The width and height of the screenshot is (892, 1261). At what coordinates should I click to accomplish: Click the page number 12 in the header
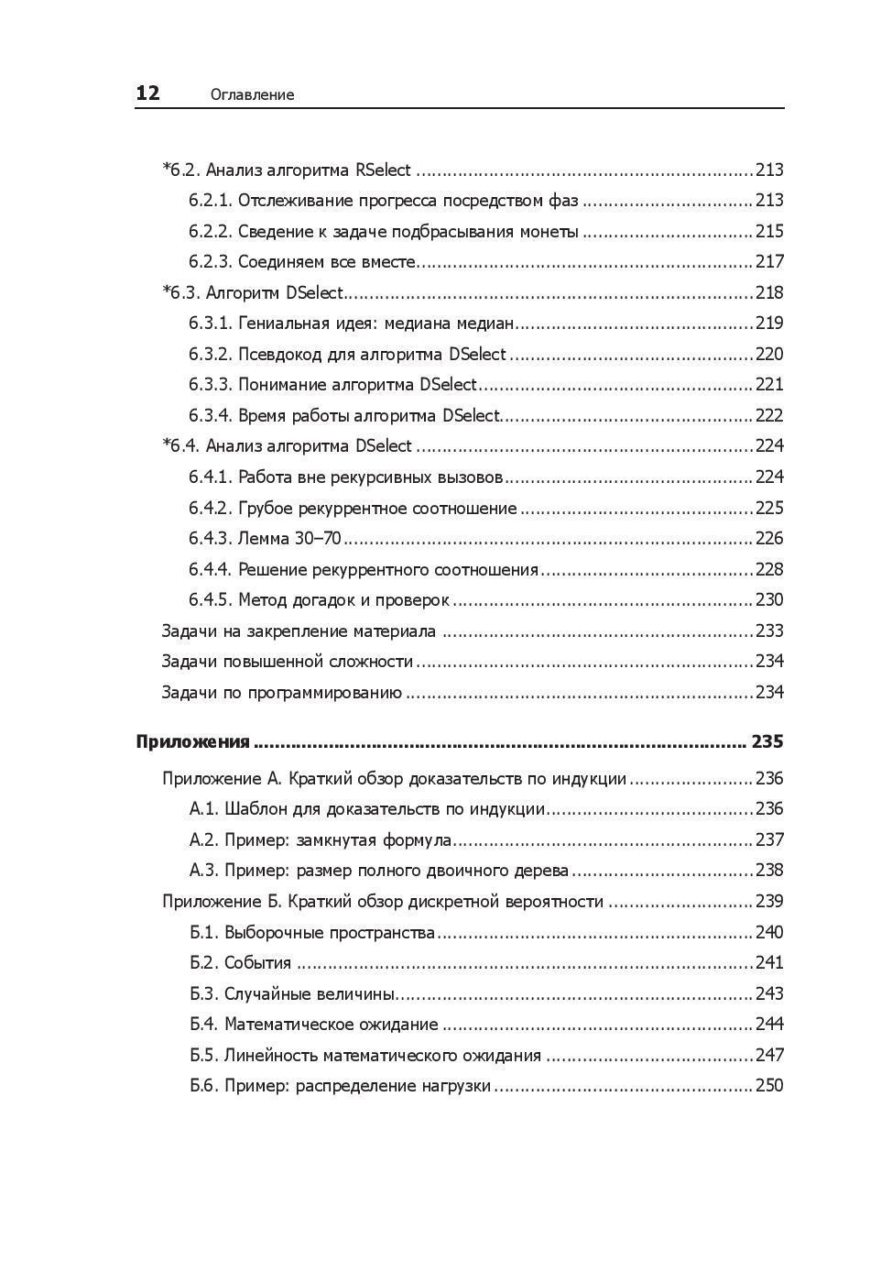tap(147, 93)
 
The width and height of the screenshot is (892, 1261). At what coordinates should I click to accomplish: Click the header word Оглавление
tap(252, 94)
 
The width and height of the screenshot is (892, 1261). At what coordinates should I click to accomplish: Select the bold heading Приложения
tap(192, 741)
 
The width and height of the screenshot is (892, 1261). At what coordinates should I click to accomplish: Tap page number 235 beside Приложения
tap(767, 741)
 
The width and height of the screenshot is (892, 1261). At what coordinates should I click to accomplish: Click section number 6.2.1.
tap(211, 201)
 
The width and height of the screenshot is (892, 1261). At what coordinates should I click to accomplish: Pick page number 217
tap(769, 262)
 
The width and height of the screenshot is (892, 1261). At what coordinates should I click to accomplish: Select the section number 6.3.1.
tap(211, 323)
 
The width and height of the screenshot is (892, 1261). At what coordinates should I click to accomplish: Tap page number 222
tap(769, 416)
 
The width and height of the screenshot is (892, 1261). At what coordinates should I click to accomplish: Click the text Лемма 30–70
tap(289, 539)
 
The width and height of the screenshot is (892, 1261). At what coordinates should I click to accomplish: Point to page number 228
tap(769, 570)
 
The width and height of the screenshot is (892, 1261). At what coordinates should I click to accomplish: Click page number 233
tap(769, 631)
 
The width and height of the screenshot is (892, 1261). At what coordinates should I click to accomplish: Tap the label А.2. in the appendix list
tap(204, 840)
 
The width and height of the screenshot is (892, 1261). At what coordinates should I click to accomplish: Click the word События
tap(257, 963)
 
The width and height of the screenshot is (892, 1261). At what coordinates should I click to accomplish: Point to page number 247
tap(769, 1056)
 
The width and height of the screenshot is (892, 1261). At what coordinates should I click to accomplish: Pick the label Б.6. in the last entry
tap(204, 1086)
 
